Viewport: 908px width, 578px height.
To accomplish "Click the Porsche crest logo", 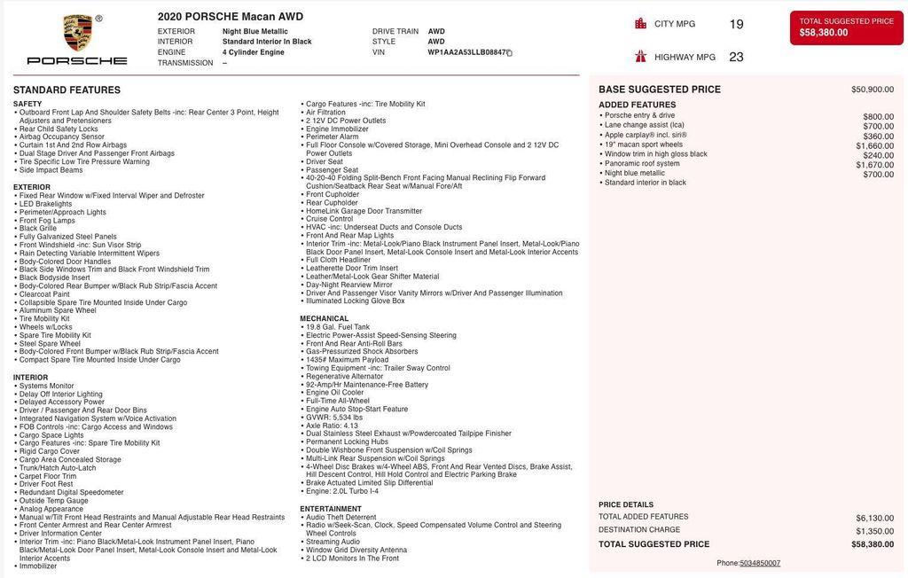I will pos(78,33).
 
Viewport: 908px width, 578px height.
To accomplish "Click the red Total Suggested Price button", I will pos(846,27).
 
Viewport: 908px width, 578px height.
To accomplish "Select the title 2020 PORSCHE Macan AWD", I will pos(231,17).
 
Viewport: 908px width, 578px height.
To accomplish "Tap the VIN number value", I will pos(467,52).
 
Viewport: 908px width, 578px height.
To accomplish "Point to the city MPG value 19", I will pos(736,24).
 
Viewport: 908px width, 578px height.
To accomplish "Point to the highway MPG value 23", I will pos(736,57).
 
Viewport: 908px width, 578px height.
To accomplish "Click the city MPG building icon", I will pos(641,24).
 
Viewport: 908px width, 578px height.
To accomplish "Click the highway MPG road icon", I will pos(641,57).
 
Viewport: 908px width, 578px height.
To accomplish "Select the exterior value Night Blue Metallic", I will pos(254,31).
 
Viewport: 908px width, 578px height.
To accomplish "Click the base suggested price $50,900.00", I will pos(873,90).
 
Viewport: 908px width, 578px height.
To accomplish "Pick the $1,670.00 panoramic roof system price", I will pos(875,165).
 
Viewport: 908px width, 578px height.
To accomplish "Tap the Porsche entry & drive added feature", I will pos(639,116).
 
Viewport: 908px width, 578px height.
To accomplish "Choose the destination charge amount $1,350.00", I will pos(874,531).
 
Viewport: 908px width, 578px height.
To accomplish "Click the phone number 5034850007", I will pos(760,563).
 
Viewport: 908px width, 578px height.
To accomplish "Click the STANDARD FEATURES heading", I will pos(67,90).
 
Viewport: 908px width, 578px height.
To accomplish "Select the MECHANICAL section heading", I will pos(324,318).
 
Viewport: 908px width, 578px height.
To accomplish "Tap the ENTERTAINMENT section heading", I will pos(331,509).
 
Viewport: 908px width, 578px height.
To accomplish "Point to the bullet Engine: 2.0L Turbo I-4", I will pos(342,491).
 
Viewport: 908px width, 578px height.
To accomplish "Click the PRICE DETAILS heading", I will pos(626,504).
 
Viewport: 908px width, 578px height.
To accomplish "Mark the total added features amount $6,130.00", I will pos(874,518).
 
